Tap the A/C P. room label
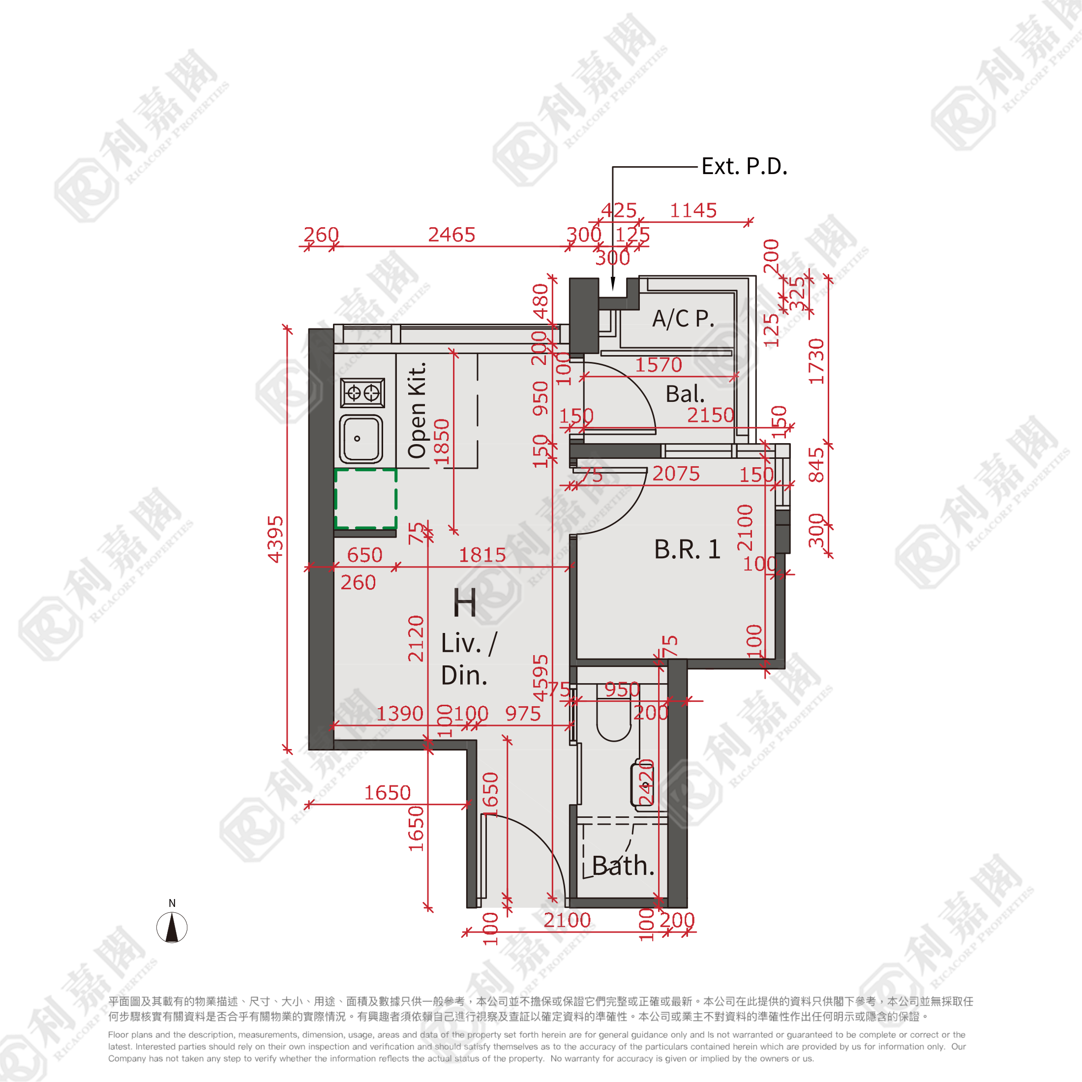click(683, 319)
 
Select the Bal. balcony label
click(685, 394)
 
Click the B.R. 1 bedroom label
click(687, 549)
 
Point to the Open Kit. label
click(417, 410)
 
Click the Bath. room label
click(623, 866)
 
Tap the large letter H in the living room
click(465, 603)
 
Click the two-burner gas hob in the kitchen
click(363, 392)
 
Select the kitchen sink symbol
click(361, 439)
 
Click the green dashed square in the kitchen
click(366, 498)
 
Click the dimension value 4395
click(275, 539)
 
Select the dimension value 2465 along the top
click(451, 235)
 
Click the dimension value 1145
click(693, 210)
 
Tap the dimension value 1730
click(816, 361)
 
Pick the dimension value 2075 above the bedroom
click(676, 474)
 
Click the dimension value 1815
click(482, 555)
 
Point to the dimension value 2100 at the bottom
click(568, 920)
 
